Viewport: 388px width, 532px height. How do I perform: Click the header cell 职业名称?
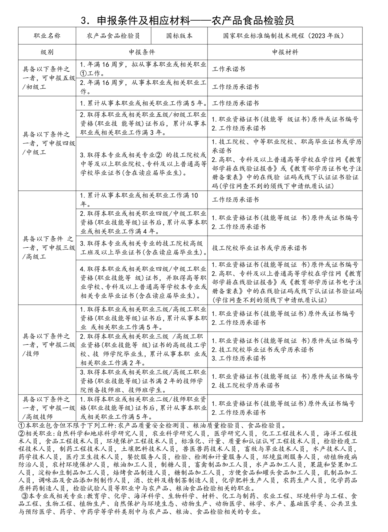47,36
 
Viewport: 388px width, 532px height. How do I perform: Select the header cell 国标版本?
179,36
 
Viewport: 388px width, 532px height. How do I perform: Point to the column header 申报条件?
142,52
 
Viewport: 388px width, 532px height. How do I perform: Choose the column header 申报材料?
285,52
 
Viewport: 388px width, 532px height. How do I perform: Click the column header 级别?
47,52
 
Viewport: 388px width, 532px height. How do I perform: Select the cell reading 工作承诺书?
228,69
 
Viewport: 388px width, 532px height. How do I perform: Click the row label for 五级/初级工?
47,78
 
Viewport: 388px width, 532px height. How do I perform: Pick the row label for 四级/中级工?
47,143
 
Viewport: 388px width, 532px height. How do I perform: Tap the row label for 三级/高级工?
47,247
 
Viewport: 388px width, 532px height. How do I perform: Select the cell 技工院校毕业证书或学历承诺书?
259,248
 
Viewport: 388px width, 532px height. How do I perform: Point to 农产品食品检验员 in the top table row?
113,36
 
